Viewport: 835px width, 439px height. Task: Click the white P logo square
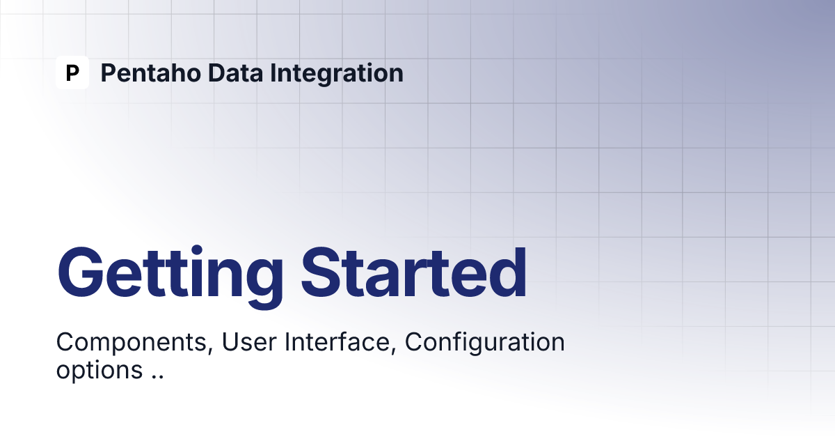pos(72,72)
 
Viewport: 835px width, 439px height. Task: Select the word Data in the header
pos(236,72)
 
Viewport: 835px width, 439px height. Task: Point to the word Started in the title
pos(414,273)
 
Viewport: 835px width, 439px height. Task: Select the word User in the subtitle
pos(249,341)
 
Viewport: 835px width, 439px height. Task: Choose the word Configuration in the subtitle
pos(484,343)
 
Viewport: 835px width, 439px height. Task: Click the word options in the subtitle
pos(100,370)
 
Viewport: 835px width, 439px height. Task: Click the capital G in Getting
pos(80,272)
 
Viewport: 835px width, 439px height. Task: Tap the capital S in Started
pos(322,273)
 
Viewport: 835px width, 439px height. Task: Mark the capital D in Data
pos(216,72)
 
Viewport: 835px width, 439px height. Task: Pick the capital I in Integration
pos(273,72)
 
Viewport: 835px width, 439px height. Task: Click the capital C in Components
pos(65,341)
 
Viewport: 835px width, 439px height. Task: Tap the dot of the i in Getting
pos(197,250)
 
